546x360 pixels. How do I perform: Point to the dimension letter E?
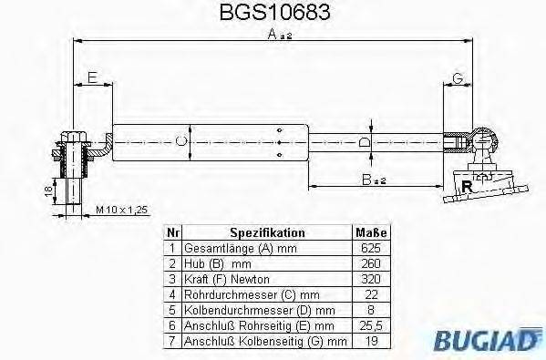coord(92,77)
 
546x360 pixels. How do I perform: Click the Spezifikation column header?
coord(266,232)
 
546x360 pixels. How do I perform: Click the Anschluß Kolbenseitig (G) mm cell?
coord(264,341)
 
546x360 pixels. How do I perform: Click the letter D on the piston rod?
coord(365,143)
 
